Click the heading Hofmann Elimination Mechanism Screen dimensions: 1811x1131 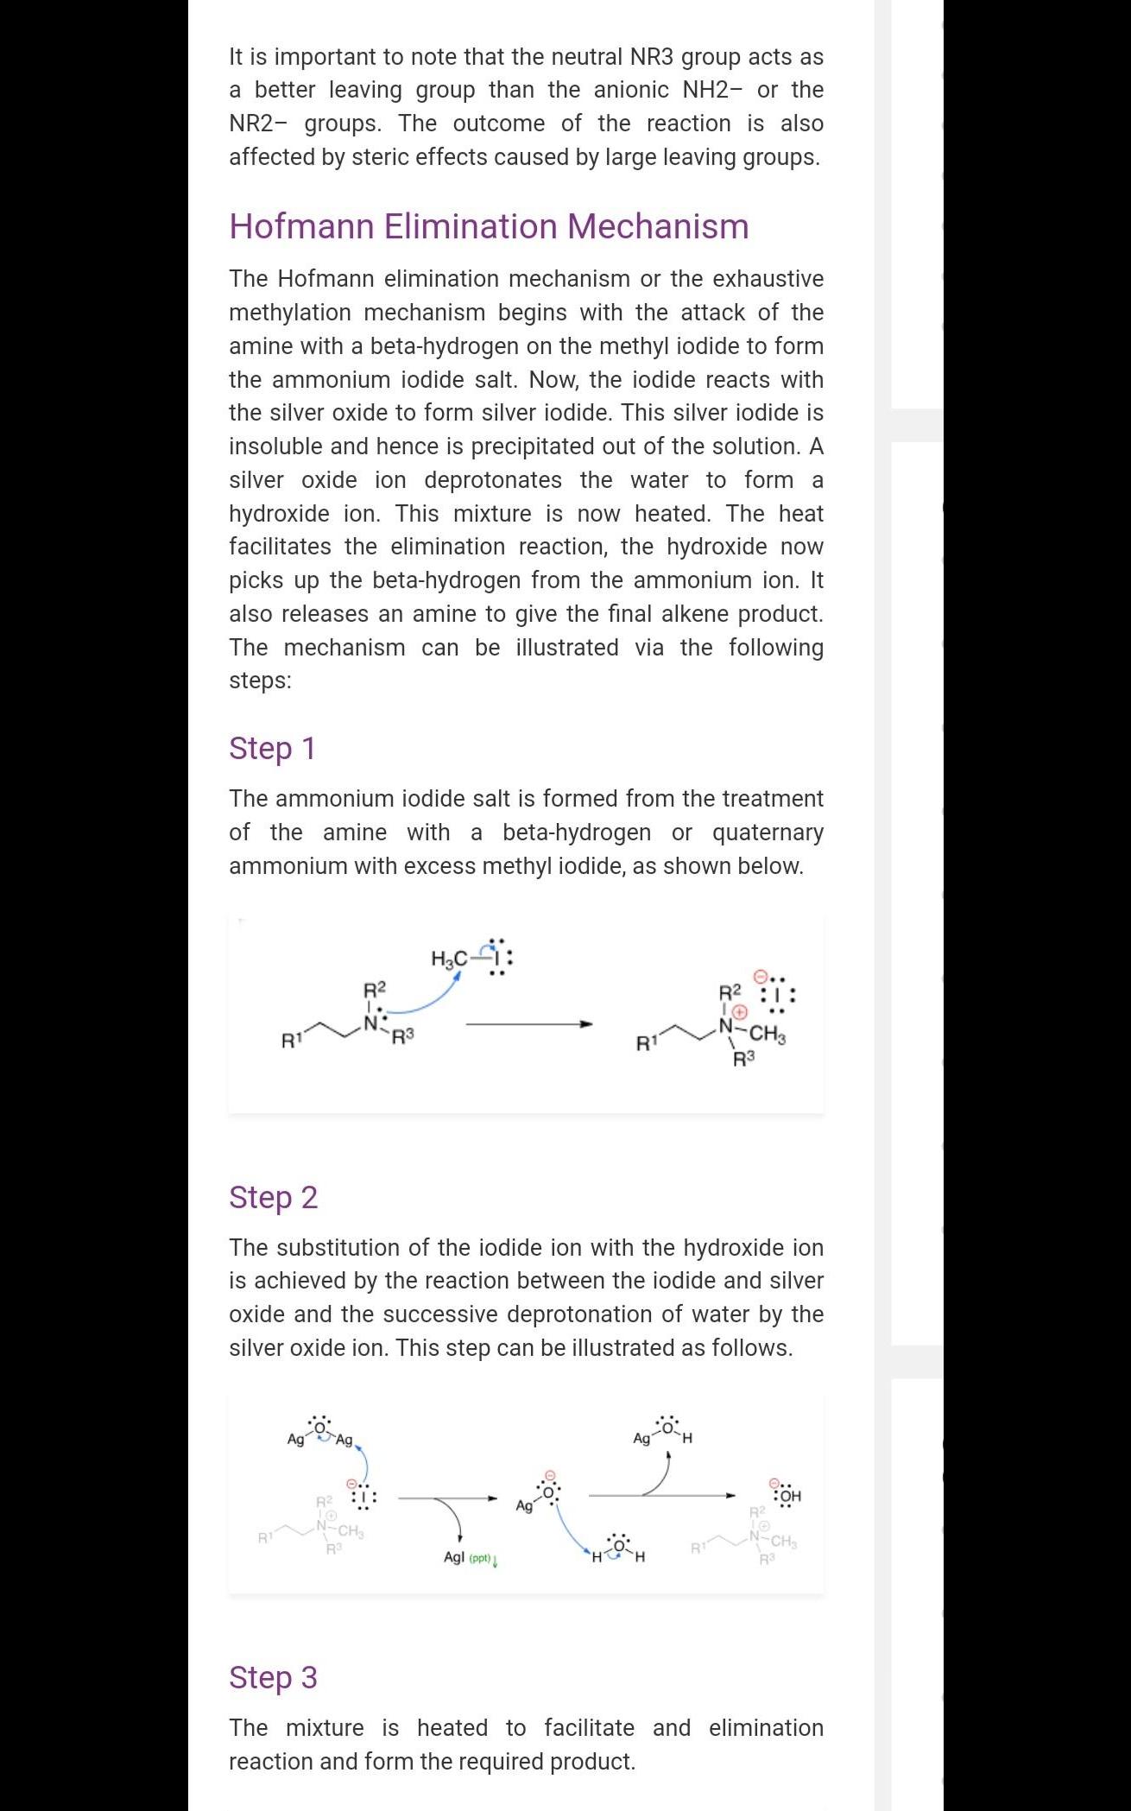click(489, 226)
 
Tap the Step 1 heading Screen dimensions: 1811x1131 click(272, 748)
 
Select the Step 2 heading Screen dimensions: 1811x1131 click(273, 1197)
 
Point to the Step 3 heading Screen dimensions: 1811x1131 click(273, 1677)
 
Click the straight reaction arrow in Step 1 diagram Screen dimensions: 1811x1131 click(528, 1024)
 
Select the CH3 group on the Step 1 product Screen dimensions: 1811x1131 click(768, 1033)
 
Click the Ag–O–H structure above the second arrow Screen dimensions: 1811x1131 click(663, 1431)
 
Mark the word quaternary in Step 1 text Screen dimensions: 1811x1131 click(768, 833)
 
